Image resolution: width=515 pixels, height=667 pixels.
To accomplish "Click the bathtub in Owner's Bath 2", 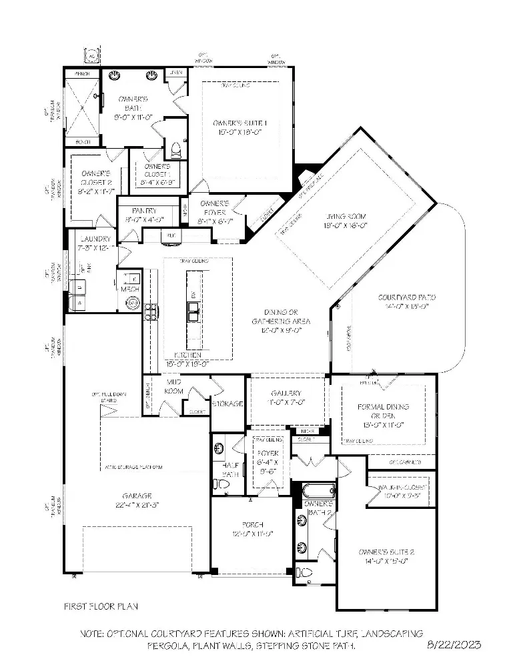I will point(313,492).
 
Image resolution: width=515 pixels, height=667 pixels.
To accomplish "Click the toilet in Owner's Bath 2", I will point(304,572).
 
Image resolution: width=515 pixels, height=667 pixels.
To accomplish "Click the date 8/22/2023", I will point(453,645).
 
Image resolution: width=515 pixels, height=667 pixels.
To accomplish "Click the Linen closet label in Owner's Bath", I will point(175,72).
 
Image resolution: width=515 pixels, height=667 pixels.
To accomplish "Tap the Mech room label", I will point(129,289).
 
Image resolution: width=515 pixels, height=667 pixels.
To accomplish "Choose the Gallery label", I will point(286,393).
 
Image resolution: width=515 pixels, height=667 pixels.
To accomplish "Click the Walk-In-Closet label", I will point(401,488).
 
